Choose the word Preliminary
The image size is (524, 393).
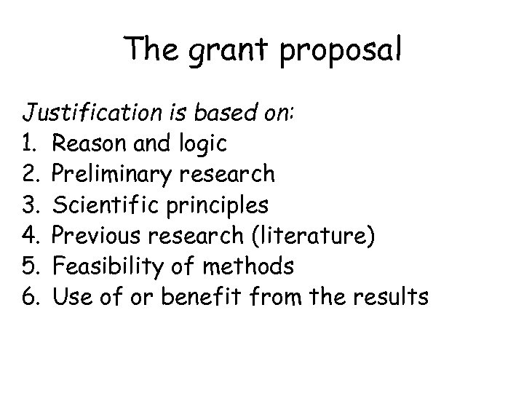(114, 175)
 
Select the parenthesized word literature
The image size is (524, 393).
(312, 236)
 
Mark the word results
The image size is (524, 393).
(391, 297)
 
